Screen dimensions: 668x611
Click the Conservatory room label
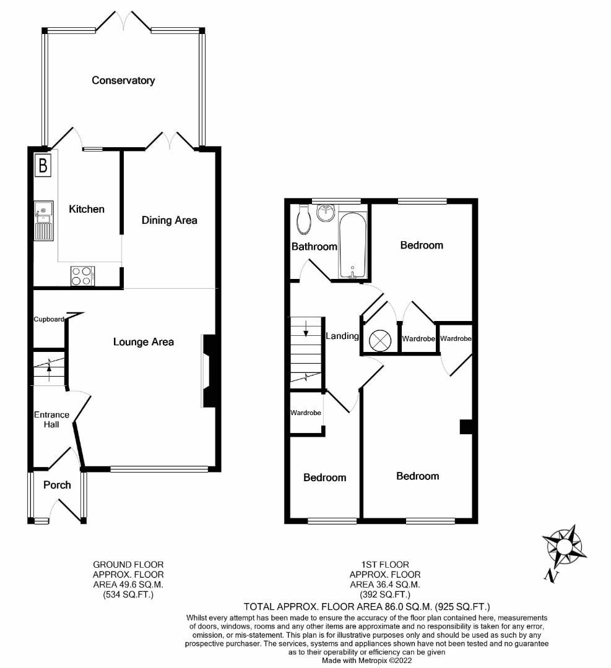coord(123,80)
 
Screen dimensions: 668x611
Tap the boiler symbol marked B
coord(43,165)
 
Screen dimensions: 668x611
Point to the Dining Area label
coord(169,220)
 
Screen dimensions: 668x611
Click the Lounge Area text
coord(143,341)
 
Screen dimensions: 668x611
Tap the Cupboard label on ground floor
coord(49,320)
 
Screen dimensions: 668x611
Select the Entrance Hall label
coord(51,419)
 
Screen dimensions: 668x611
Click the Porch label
coord(57,485)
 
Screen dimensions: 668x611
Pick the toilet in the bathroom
coord(304,220)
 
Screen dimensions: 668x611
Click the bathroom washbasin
coord(326,213)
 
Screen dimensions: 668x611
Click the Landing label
coord(342,336)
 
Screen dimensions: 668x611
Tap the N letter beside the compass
coord(549,576)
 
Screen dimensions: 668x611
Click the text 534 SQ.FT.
coord(128,595)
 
